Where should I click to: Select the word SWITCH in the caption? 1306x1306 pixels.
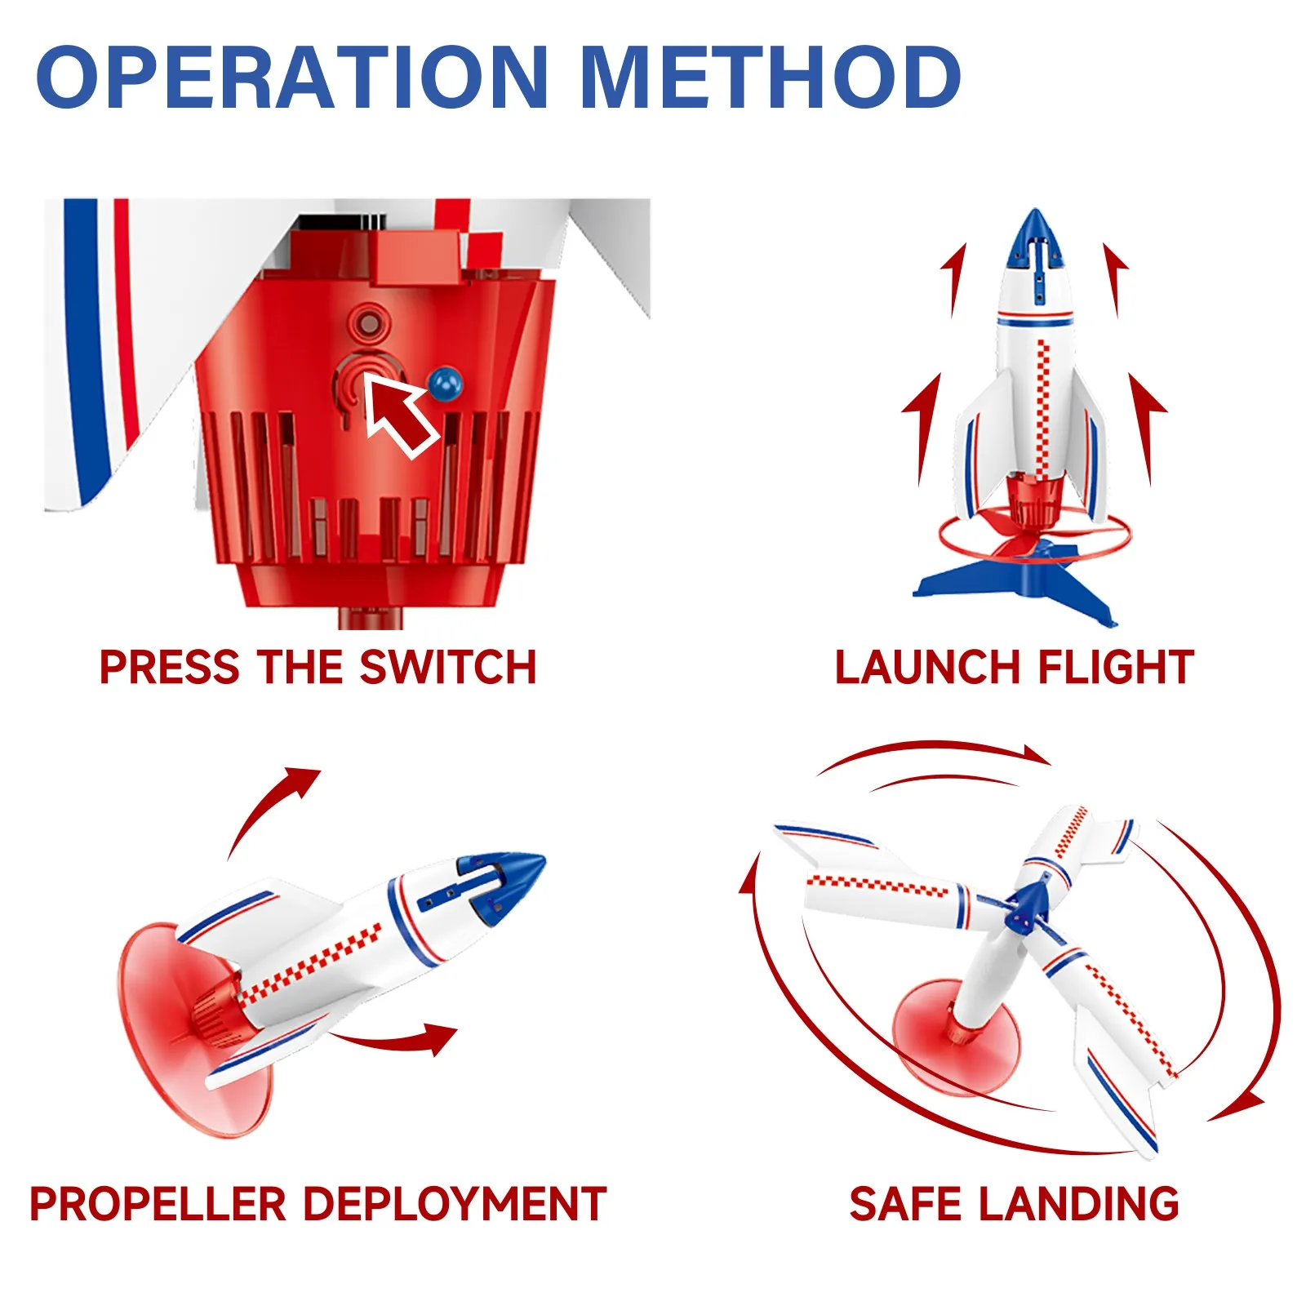pos(448,668)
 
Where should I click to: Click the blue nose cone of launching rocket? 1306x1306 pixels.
pos(1034,237)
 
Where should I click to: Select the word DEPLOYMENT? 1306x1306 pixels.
pos(455,1204)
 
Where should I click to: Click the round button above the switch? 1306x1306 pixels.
pos(369,324)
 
